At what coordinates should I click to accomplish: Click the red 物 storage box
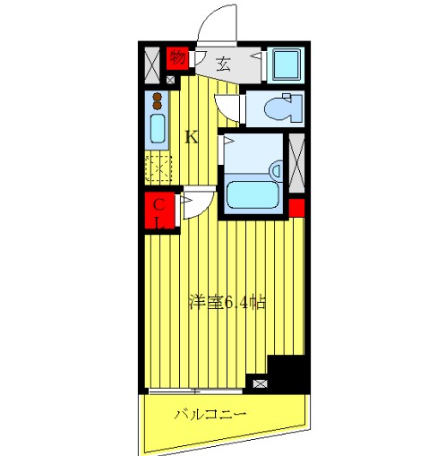tap(177, 58)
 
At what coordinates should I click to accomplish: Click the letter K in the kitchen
tap(191, 137)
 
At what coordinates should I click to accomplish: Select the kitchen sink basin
tap(157, 131)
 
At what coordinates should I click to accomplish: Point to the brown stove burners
tap(157, 99)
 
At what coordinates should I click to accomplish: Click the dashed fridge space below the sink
tap(157, 167)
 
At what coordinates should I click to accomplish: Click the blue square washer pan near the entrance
tap(287, 63)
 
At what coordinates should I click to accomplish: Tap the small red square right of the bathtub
tap(296, 210)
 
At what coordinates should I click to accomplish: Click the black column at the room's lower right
tap(287, 373)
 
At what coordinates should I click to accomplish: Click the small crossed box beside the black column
tap(260, 383)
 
